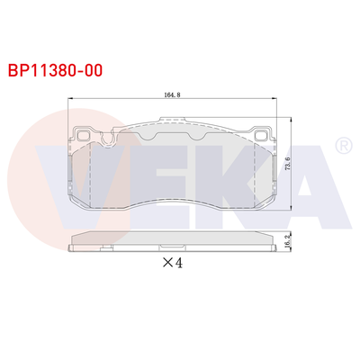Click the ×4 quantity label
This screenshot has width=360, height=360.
click(173, 264)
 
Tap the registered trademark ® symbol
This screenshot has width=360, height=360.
click(343, 145)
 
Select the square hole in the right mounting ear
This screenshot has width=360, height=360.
click(263, 138)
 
